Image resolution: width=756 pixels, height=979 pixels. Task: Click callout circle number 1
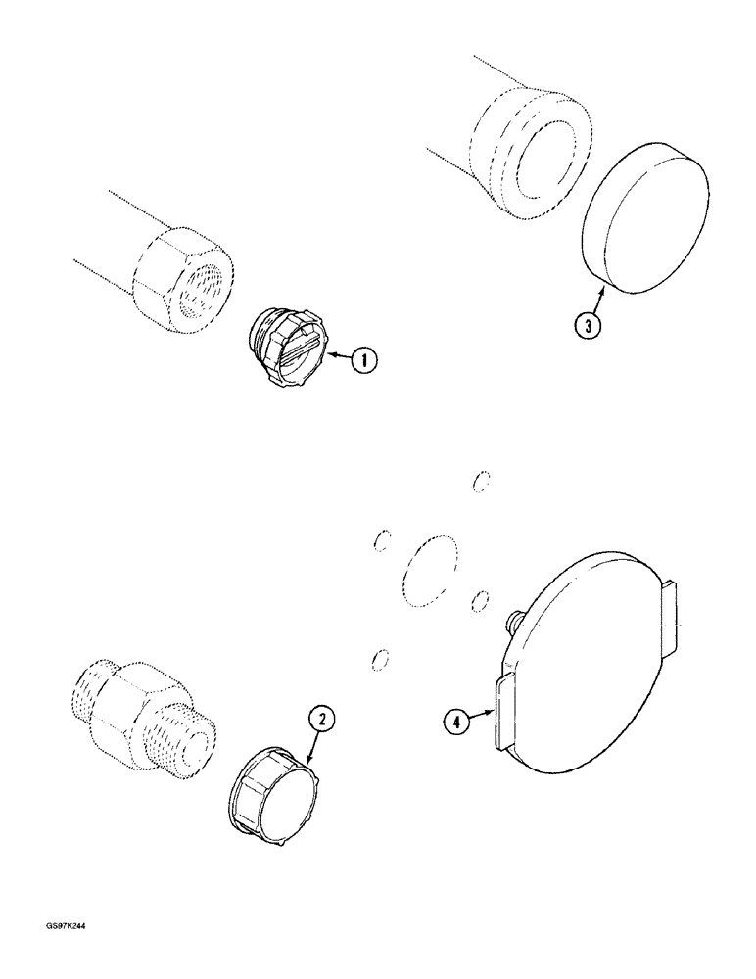pos(363,360)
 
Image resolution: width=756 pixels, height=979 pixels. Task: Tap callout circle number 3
pos(587,326)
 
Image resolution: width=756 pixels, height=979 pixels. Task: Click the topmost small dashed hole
pos(480,481)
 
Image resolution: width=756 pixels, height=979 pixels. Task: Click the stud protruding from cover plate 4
pos(512,620)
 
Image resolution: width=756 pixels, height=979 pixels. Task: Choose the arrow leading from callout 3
pos(591,298)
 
